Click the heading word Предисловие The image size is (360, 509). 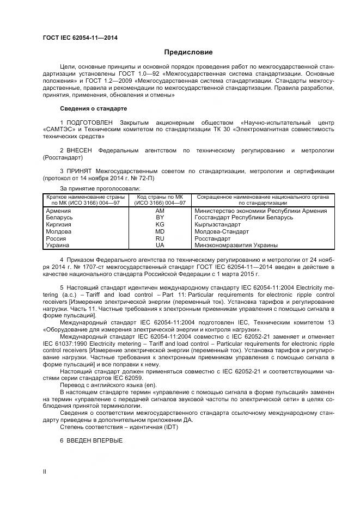pyautogui.click(x=188, y=52)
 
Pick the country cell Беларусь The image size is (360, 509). pyautogui.click(x=60, y=218)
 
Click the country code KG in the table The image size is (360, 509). pyautogui.click(x=160, y=224)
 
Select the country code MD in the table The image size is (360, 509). pyautogui.click(x=160, y=231)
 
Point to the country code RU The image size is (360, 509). pyautogui.click(x=160, y=238)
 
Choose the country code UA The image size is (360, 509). pyautogui.click(x=160, y=245)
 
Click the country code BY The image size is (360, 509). pyautogui.click(x=160, y=218)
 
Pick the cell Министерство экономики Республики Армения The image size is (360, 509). pyautogui.click(x=260, y=211)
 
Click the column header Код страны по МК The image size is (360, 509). pyautogui.click(x=160, y=197)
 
